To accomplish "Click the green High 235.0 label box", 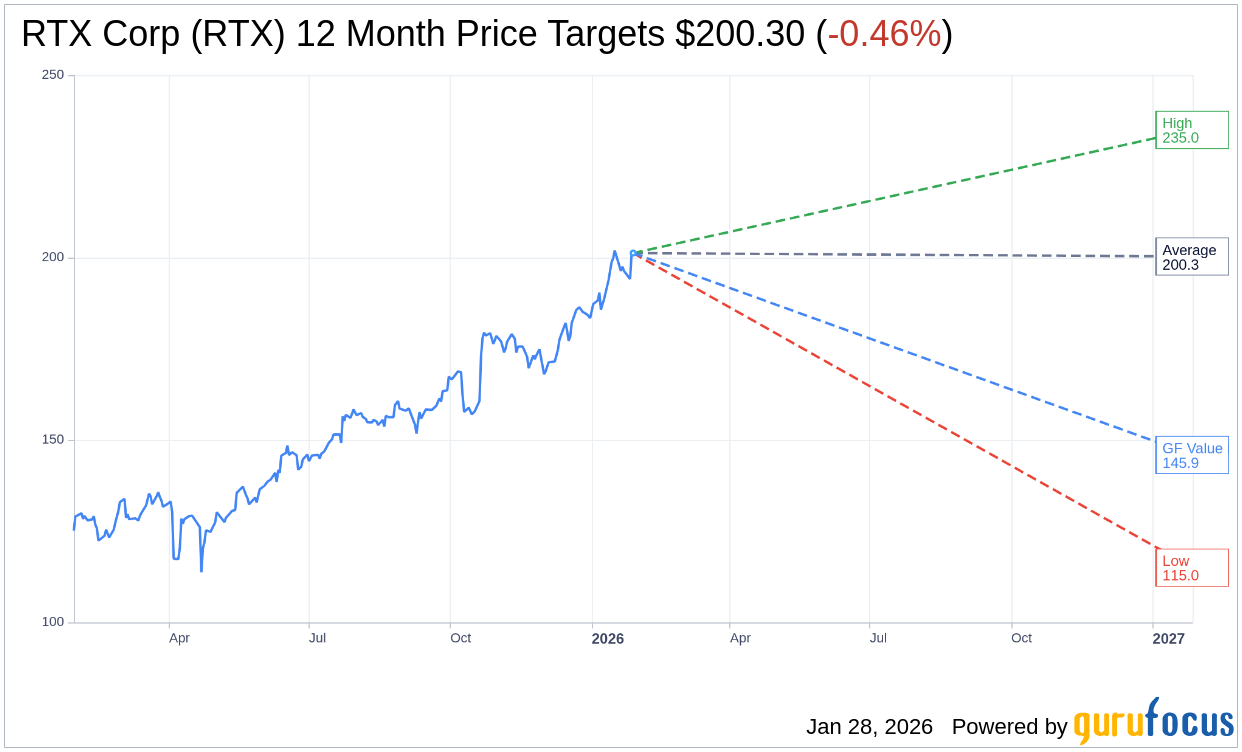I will [x=1191, y=130].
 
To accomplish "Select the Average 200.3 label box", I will [x=1191, y=257].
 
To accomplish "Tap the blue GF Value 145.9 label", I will [x=1191, y=455].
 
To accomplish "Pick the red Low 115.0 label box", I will [x=1191, y=568].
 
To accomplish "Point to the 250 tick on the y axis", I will [x=53, y=75].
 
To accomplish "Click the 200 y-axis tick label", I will [x=53, y=257].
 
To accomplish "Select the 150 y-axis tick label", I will [x=53, y=440].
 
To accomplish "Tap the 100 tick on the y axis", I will [x=53, y=622].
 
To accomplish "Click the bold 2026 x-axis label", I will [x=607, y=638].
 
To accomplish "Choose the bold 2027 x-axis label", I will [x=1168, y=638].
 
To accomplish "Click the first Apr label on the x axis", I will [x=179, y=638].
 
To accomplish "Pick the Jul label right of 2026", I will [x=877, y=638].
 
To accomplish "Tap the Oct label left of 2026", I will [x=460, y=638].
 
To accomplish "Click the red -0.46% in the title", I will [x=884, y=34].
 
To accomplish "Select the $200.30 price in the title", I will [x=739, y=34].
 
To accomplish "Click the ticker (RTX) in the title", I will [x=238, y=34].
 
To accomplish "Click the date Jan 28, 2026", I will [x=869, y=727].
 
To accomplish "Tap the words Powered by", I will [x=1009, y=727].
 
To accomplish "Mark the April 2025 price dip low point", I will [x=201, y=571].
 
